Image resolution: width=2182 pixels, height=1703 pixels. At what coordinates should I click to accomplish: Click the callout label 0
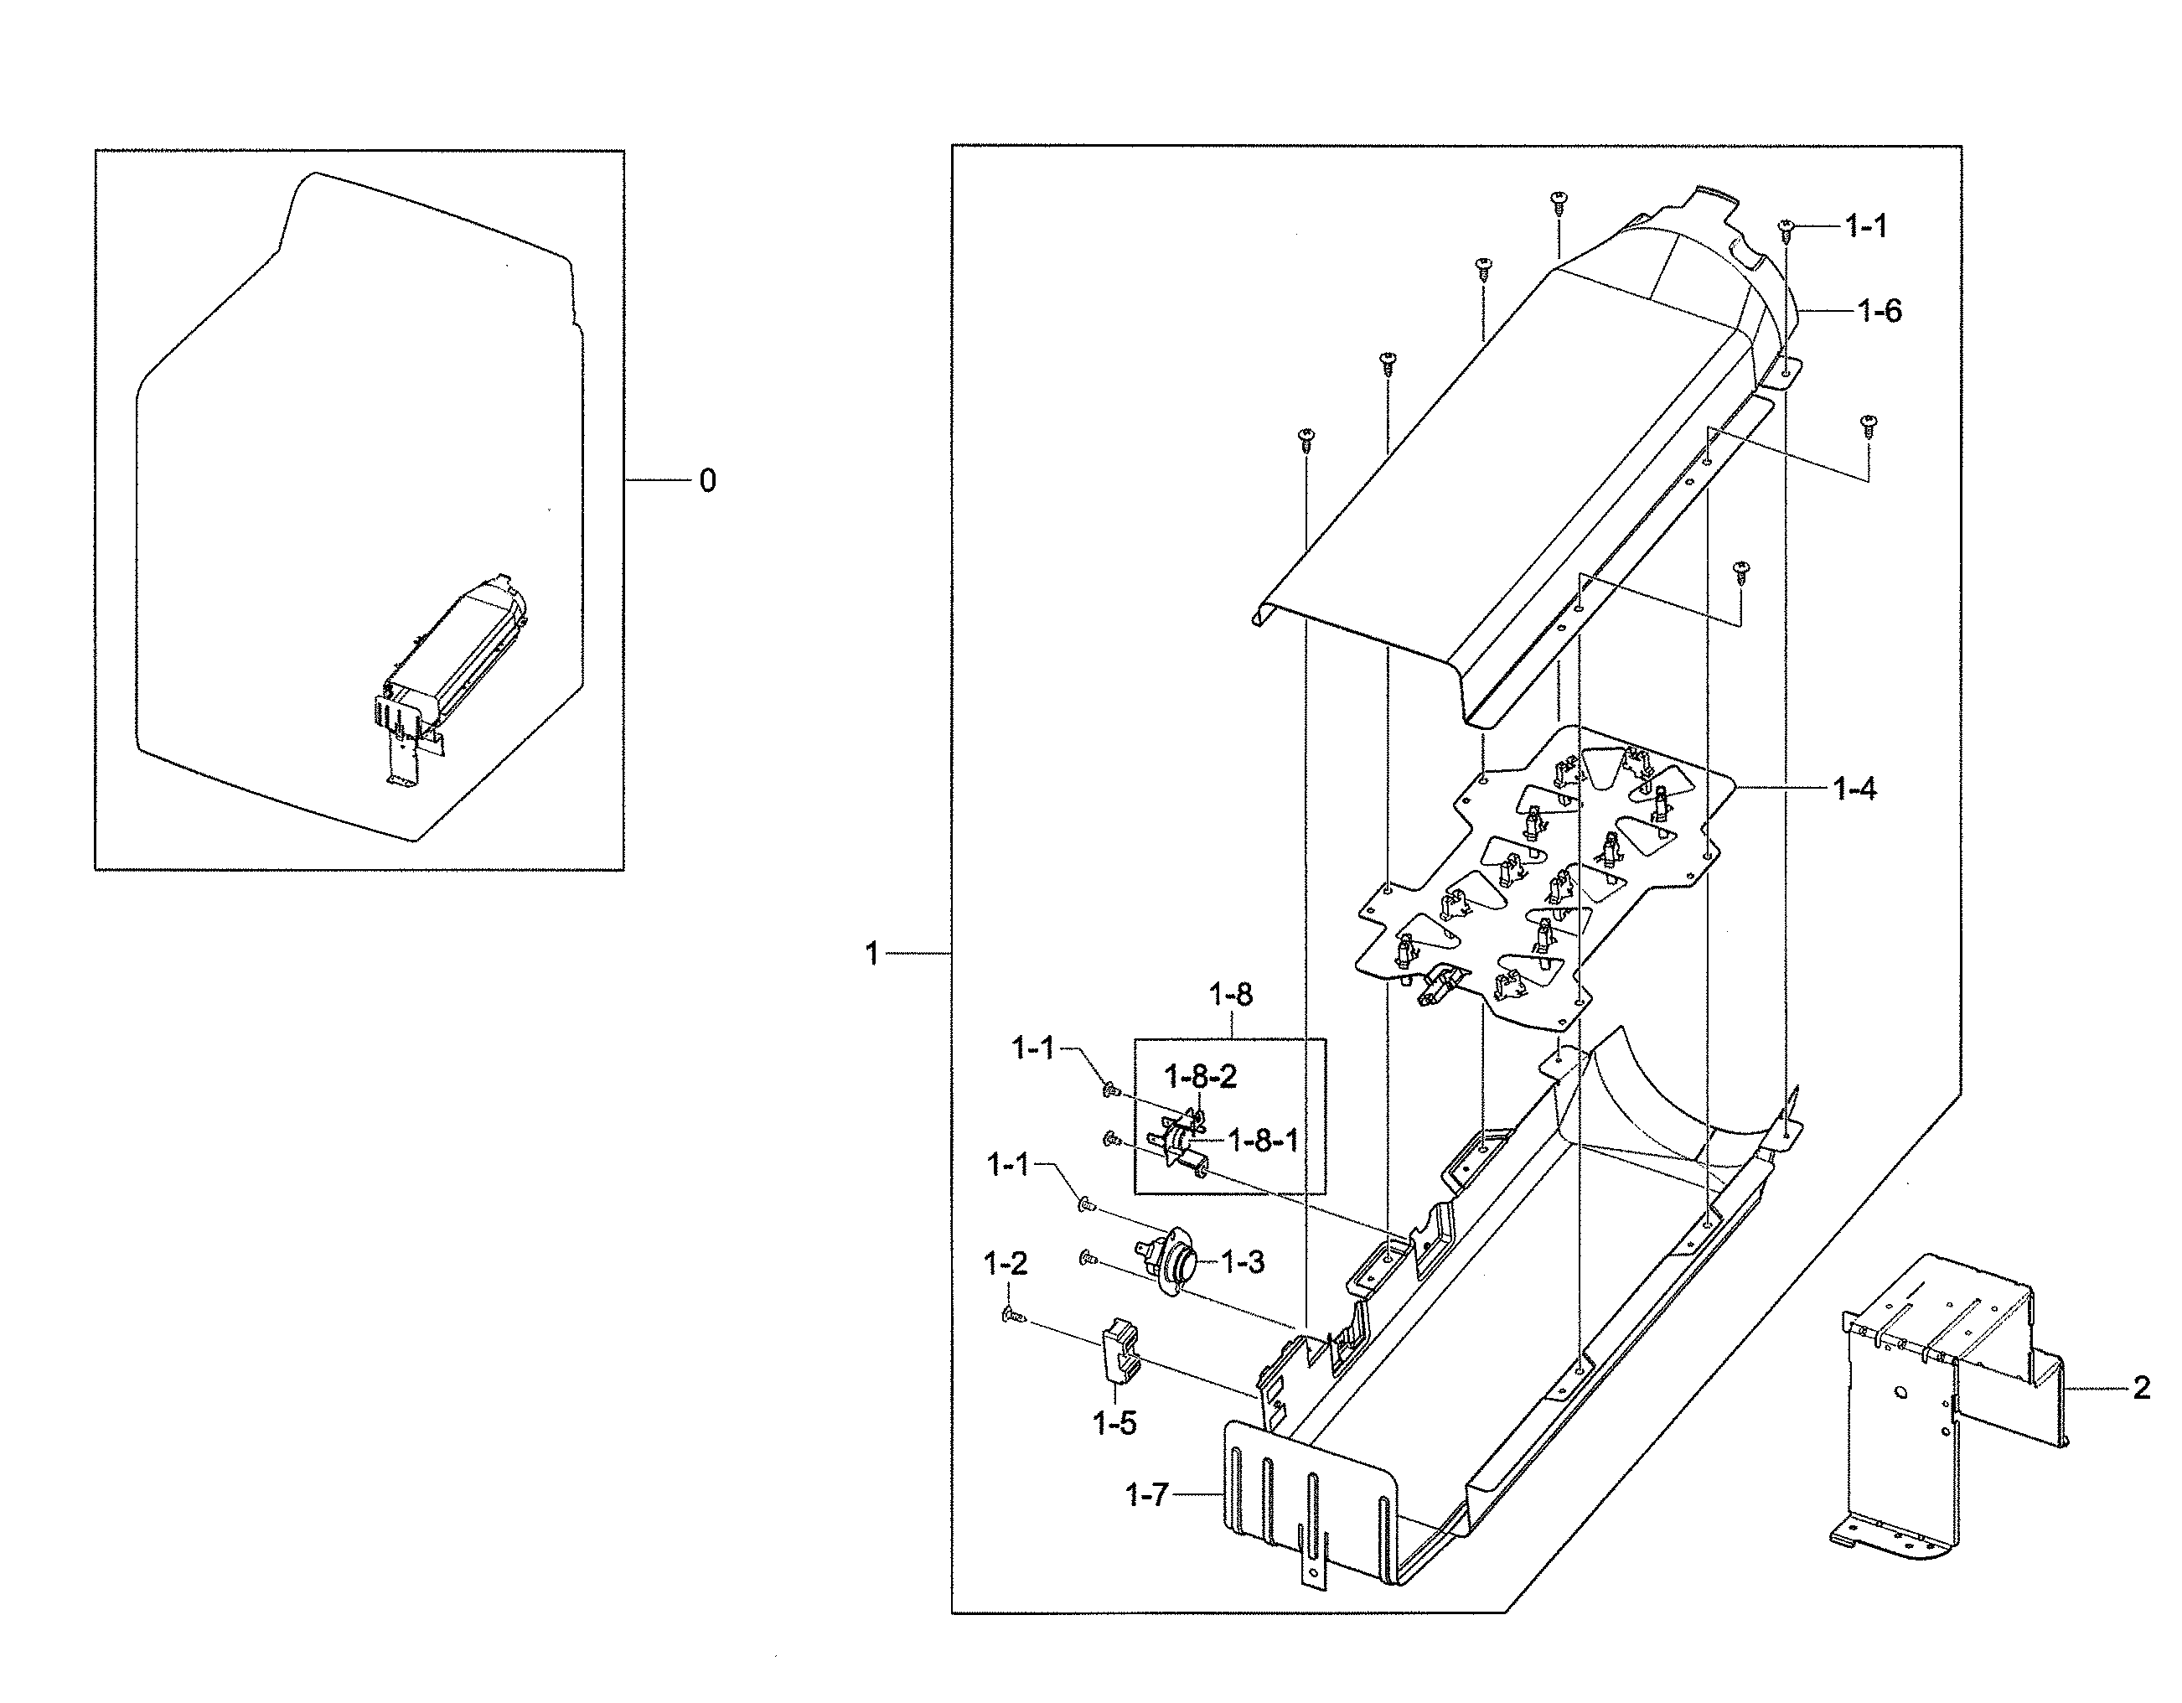click(x=706, y=482)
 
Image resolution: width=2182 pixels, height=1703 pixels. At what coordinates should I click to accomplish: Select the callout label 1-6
click(x=1880, y=312)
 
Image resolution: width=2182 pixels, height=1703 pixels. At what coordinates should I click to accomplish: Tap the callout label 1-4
click(x=1854, y=789)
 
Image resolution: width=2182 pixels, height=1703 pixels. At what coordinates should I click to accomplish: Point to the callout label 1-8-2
click(x=1200, y=1076)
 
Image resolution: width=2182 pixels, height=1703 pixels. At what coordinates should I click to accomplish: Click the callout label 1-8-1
click(x=1263, y=1141)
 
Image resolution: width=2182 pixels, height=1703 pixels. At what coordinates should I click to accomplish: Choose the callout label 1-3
click(x=1243, y=1262)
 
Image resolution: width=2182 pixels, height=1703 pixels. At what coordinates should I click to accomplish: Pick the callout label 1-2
click(x=1005, y=1264)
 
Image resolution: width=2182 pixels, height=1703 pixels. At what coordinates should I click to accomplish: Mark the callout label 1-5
click(x=1115, y=1423)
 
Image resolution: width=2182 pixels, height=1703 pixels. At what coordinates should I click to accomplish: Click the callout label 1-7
click(x=1146, y=1495)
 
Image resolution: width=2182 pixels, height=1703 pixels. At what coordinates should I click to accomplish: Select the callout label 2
click(x=2141, y=1388)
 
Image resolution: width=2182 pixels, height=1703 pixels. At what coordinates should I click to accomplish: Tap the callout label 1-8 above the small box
click(x=1230, y=995)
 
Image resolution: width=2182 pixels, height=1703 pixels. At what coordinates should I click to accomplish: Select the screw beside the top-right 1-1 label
click(x=1786, y=229)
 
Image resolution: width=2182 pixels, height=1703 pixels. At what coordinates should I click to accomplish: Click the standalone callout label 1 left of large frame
click(x=871, y=955)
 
